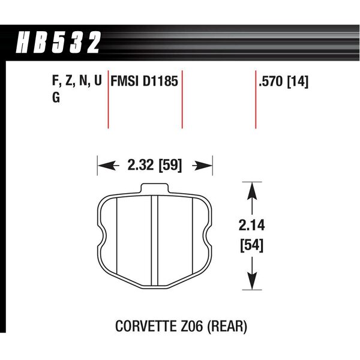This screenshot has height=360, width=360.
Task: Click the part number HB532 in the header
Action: (x=58, y=43)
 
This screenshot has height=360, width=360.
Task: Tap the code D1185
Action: (x=160, y=81)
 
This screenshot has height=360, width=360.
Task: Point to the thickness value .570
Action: (x=272, y=82)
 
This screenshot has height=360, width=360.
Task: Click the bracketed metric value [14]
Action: (x=298, y=82)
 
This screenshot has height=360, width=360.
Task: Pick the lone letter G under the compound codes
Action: (x=56, y=97)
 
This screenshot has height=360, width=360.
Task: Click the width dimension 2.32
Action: (x=141, y=165)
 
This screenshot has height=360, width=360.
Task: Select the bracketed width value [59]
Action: (x=170, y=165)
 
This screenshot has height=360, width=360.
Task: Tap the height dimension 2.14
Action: (x=251, y=225)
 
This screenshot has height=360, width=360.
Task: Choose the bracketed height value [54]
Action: (x=251, y=245)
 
